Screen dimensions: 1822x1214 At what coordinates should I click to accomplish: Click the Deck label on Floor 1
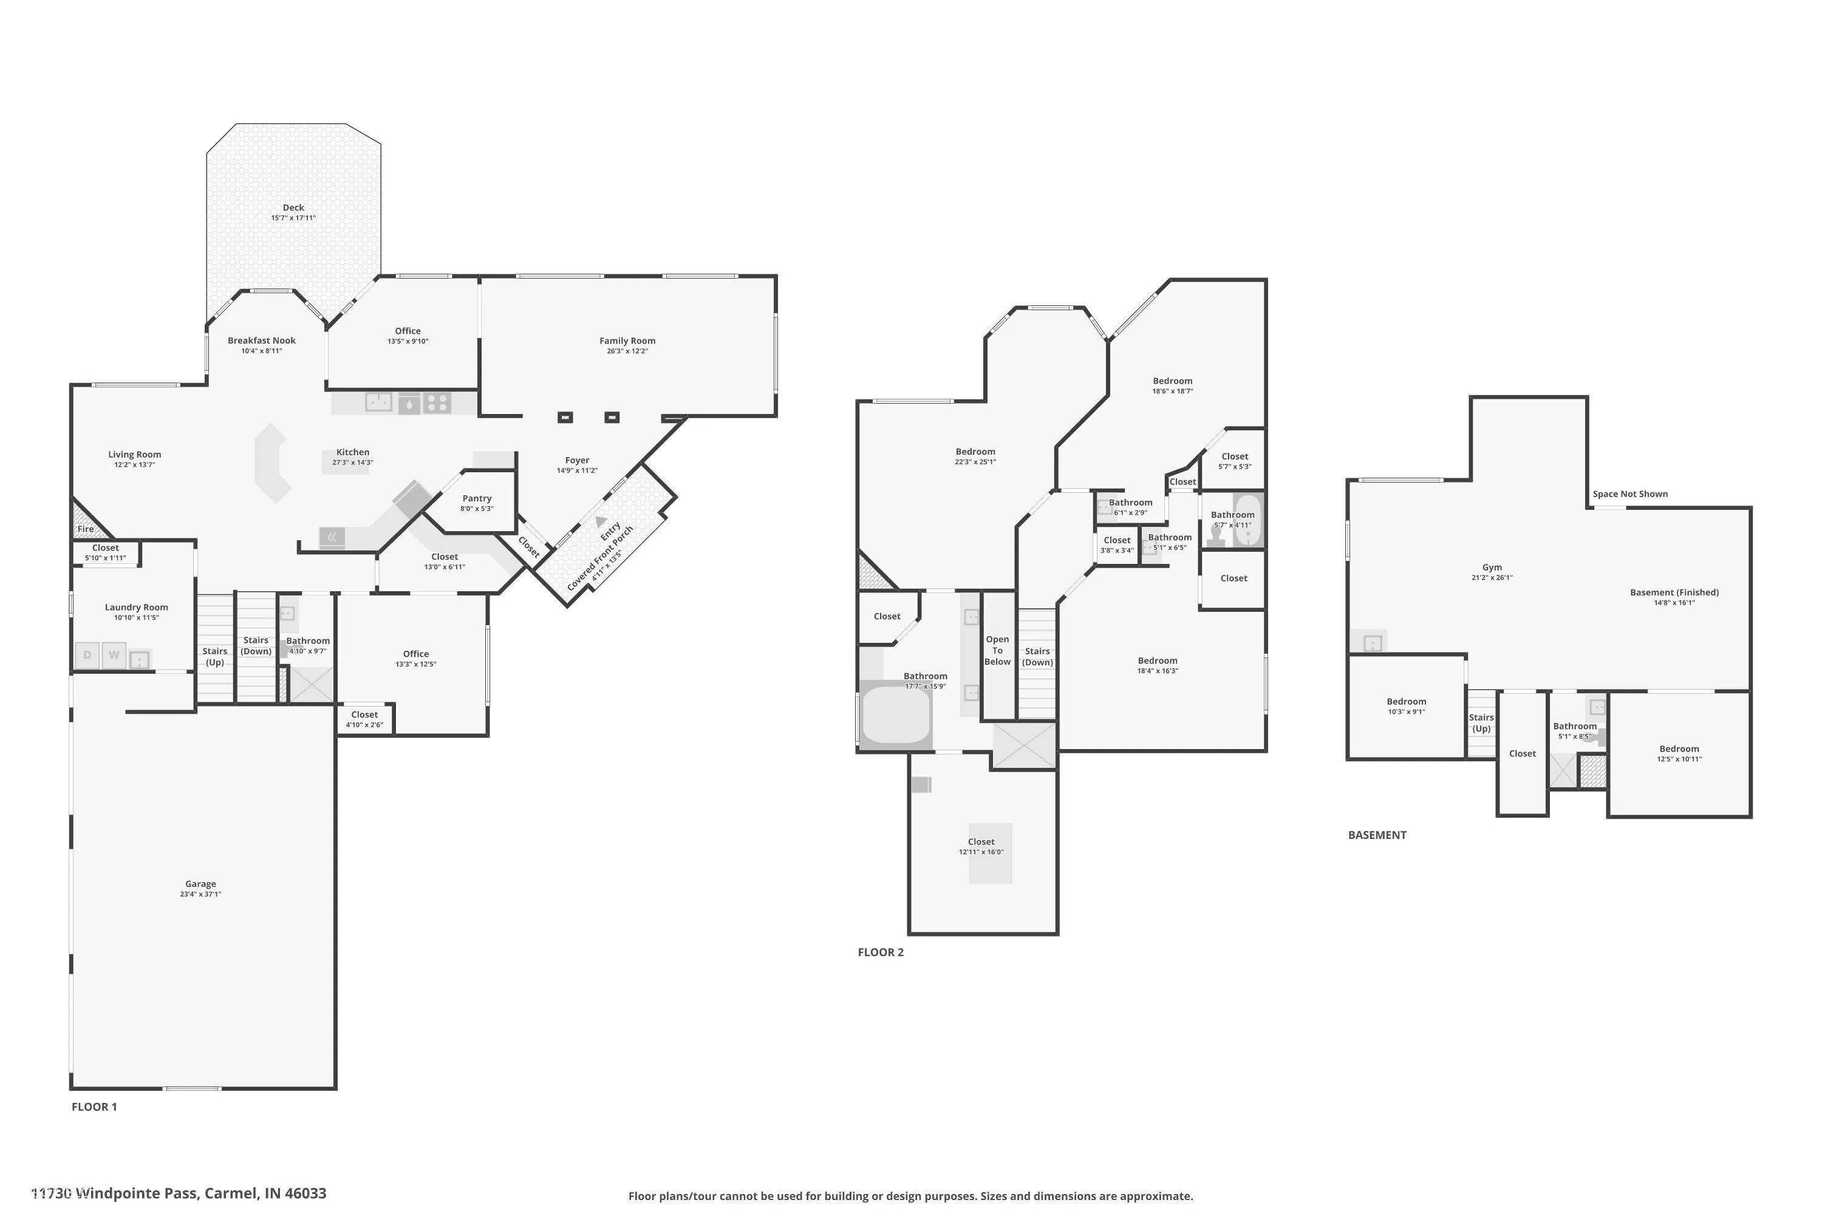coord(293,208)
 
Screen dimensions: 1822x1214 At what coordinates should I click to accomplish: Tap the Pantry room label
coord(477,498)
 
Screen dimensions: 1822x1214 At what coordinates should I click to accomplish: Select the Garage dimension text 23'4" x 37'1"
coord(200,894)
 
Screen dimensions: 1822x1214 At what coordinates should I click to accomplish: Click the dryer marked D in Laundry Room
coord(87,655)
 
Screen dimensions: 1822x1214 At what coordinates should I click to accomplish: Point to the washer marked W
coord(114,655)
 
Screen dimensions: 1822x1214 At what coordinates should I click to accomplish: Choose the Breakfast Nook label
coord(262,341)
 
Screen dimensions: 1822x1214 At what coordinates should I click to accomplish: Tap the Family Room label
coord(627,341)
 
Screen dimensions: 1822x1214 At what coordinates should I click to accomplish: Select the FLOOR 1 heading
coord(95,1107)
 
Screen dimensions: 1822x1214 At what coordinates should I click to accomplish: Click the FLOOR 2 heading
coord(881,952)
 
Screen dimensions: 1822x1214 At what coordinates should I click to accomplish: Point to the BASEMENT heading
coord(1377,835)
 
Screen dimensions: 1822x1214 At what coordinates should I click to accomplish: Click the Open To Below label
coord(998,650)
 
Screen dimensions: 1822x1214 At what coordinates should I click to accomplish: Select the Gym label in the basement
coord(1492,568)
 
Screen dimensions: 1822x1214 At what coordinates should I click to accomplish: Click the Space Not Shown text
coord(1631,494)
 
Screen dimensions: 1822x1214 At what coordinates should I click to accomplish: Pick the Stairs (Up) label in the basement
coord(1481,723)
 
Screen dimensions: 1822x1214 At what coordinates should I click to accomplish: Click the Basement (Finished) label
coord(1675,592)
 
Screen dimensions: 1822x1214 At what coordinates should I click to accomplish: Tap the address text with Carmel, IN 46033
coord(179,1193)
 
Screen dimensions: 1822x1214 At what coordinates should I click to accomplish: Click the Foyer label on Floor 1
coord(577,460)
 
